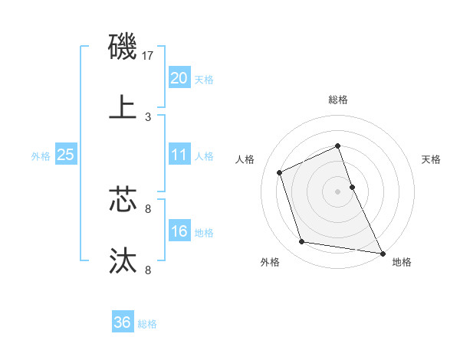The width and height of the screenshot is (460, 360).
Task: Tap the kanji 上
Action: tap(123, 107)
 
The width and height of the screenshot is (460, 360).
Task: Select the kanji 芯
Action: tap(123, 199)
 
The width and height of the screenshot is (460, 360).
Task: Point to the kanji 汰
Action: tap(123, 260)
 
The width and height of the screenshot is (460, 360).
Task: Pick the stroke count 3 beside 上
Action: tap(148, 117)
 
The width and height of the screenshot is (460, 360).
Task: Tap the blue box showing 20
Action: tap(179, 78)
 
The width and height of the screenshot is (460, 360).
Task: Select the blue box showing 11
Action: tap(179, 155)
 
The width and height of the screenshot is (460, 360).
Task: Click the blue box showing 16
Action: tap(179, 232)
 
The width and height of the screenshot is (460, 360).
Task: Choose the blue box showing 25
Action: tap(65, 155)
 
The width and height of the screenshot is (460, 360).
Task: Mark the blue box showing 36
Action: tap(123, 323)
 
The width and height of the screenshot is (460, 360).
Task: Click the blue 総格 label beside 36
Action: tap(147, 324)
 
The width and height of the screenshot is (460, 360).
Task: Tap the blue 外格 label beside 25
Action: tap(41, 155)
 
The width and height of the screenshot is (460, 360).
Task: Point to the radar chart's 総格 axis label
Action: tap(338, 100)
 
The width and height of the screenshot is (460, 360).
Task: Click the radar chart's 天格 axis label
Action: tap(431, 159)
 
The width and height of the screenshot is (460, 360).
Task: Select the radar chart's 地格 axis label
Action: tap(402, 262)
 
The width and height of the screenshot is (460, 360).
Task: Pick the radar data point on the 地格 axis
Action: tap(382, 253)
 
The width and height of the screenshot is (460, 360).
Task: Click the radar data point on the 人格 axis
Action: tap(280, 172)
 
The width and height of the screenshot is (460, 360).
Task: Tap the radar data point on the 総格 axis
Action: tap(338, 146)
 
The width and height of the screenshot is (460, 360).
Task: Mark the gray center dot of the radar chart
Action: tap(338, 191)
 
